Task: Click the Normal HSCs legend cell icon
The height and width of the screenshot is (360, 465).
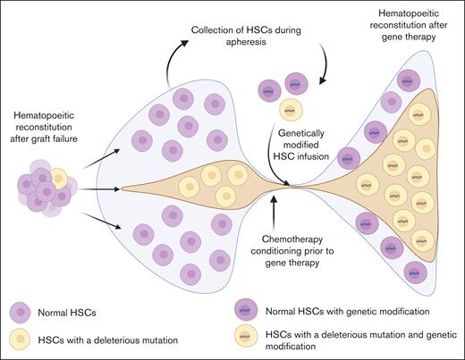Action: (20, 313)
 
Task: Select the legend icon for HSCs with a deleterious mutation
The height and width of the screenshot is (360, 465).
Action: (20, 340)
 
